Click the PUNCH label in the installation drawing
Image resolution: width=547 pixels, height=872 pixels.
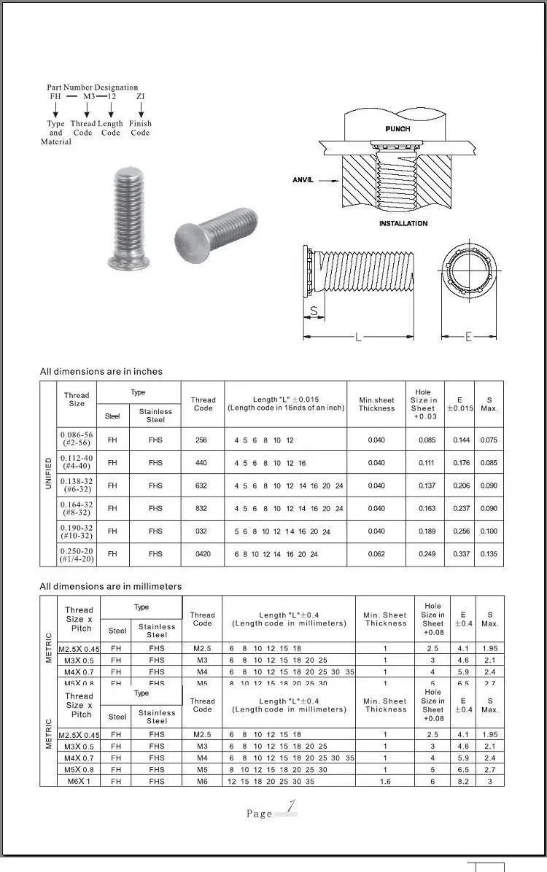point(397,129)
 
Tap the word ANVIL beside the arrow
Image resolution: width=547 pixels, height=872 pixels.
point(303,180)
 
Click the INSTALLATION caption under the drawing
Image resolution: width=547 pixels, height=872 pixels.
point(403,223)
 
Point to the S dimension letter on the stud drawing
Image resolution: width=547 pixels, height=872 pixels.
point(314,311)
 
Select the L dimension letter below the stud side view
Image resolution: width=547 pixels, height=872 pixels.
point(358,338)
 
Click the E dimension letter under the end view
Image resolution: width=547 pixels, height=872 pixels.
point(468,337)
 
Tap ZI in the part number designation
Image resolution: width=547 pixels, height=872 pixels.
point(140,96)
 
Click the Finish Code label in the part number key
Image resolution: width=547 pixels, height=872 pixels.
point(140,128)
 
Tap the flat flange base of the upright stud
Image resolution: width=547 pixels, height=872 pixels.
point(131,260)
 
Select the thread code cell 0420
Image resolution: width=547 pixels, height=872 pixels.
point(203,554)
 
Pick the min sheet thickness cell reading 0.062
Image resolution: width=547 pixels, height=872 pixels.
point(376,554)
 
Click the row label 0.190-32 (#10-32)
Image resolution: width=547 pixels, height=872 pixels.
point(77,531)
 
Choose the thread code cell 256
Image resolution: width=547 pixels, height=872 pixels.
point(203,440)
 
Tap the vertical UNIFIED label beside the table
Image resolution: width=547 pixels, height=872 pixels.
point(48,473)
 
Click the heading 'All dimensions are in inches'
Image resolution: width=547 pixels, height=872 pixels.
point(101,372)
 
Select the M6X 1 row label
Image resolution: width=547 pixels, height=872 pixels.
point(78,781)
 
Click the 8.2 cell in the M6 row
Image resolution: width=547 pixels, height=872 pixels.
point(462,781)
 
